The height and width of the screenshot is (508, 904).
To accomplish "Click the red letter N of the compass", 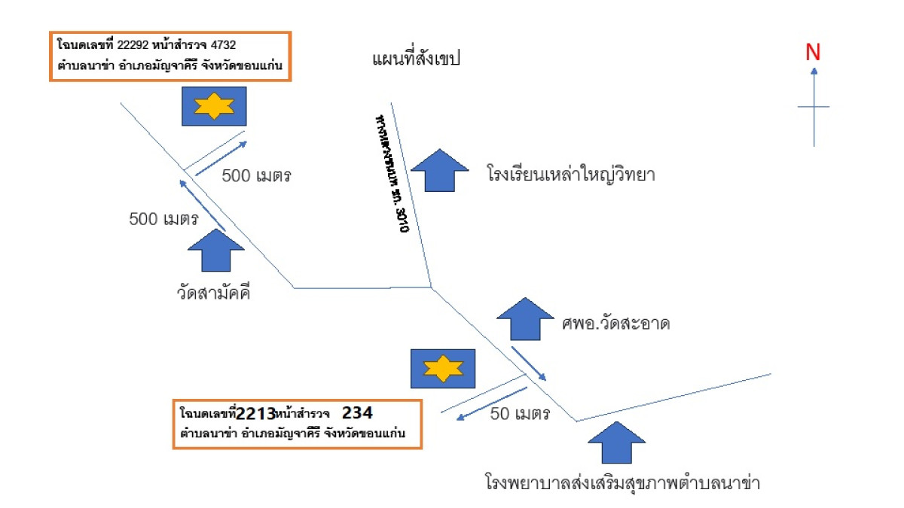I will (813, 52).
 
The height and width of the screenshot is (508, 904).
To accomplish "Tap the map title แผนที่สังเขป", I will (416, 59).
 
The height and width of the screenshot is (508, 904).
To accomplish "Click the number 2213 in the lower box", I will (255, 414).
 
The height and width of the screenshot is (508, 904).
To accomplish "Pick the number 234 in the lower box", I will (357, 413).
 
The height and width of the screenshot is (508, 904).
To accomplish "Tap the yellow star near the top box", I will (214, 106).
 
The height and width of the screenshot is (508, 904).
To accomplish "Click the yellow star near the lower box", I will (442, 369).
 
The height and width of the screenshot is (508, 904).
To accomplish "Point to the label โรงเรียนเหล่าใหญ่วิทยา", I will (570, 175).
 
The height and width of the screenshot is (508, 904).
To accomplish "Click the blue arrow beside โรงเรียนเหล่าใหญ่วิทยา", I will (440, 169).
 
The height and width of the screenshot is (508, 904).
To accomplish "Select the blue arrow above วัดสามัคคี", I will (215, 249).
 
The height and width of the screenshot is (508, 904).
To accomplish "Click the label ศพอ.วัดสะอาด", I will (615, 324).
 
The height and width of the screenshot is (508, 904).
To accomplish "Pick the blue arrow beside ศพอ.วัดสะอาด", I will (525, 319).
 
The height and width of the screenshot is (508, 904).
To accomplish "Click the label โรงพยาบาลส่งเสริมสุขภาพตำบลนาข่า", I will (622, 482).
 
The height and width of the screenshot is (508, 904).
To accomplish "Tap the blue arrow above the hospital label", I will (617, 443).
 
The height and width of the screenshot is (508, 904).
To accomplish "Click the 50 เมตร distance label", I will (520, 413).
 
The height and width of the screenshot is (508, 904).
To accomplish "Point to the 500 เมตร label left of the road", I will (163, 220).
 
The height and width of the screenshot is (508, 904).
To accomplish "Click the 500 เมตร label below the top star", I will (256, 176).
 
